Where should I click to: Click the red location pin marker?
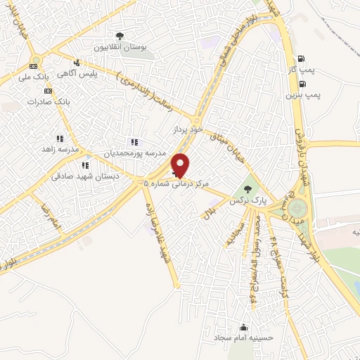[181, 165]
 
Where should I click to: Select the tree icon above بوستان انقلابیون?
[120, 36]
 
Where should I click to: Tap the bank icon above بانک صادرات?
[48, 91]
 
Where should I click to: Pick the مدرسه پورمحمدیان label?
[136, 153]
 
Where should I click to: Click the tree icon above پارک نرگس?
[246, 189]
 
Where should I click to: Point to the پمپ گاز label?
[301, 70]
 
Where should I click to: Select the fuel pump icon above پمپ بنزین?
[303, 82]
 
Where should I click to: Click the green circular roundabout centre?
[297, 209]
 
